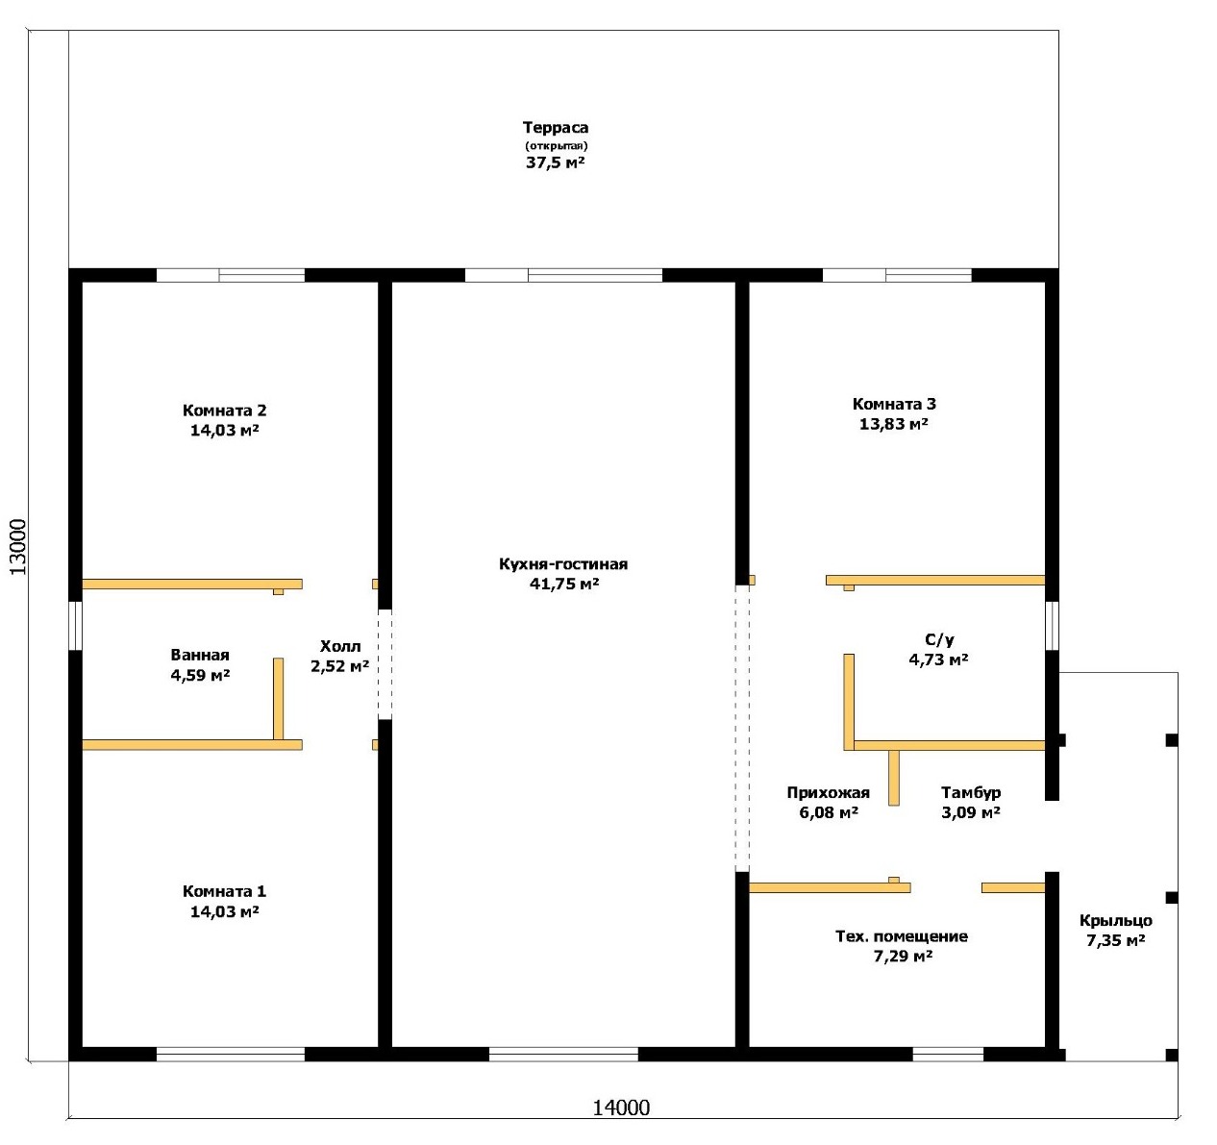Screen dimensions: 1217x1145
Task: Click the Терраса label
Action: [x=556, y=128]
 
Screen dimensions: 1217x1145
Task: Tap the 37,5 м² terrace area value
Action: [x=556, y=162]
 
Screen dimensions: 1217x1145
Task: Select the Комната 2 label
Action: [x=224, y=411]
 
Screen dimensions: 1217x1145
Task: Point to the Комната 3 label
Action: [x=894, y=404]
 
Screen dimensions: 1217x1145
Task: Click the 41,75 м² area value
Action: [x=563, y=584]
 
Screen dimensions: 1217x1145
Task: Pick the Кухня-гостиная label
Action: [x=563, y=564]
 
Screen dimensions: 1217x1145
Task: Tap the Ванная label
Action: [x=200, y=655]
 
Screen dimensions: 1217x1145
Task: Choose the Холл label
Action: [x=340, y=646]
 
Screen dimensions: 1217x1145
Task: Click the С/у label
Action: [x=939, y=640]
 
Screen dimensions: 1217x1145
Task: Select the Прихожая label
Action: [x=829, y=792]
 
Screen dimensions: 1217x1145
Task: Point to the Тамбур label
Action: [x=971, y=792]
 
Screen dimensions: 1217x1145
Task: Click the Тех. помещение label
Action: [x=902, y=936]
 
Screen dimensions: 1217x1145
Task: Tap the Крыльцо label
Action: [x=1116, y=921]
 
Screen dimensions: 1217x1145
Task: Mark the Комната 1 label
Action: [x=224, y=891]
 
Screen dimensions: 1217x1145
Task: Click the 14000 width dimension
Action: [x=621, y=1108]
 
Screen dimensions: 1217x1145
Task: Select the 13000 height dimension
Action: [x=18, y=547]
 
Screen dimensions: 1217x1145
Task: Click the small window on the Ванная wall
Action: [x=75, y=625]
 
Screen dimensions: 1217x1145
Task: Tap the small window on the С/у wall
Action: [x=1052, y=625]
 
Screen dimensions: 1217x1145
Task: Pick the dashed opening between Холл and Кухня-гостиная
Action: [x=385, y=664]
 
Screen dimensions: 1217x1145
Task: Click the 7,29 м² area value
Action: [x=902, y=957]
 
